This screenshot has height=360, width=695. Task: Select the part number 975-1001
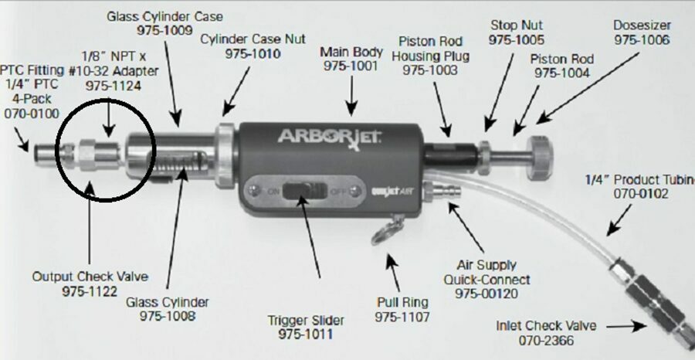pyautogui.click(x=351, y=66)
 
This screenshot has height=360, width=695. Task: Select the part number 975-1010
pyautogui.click(x=253, y=54)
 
